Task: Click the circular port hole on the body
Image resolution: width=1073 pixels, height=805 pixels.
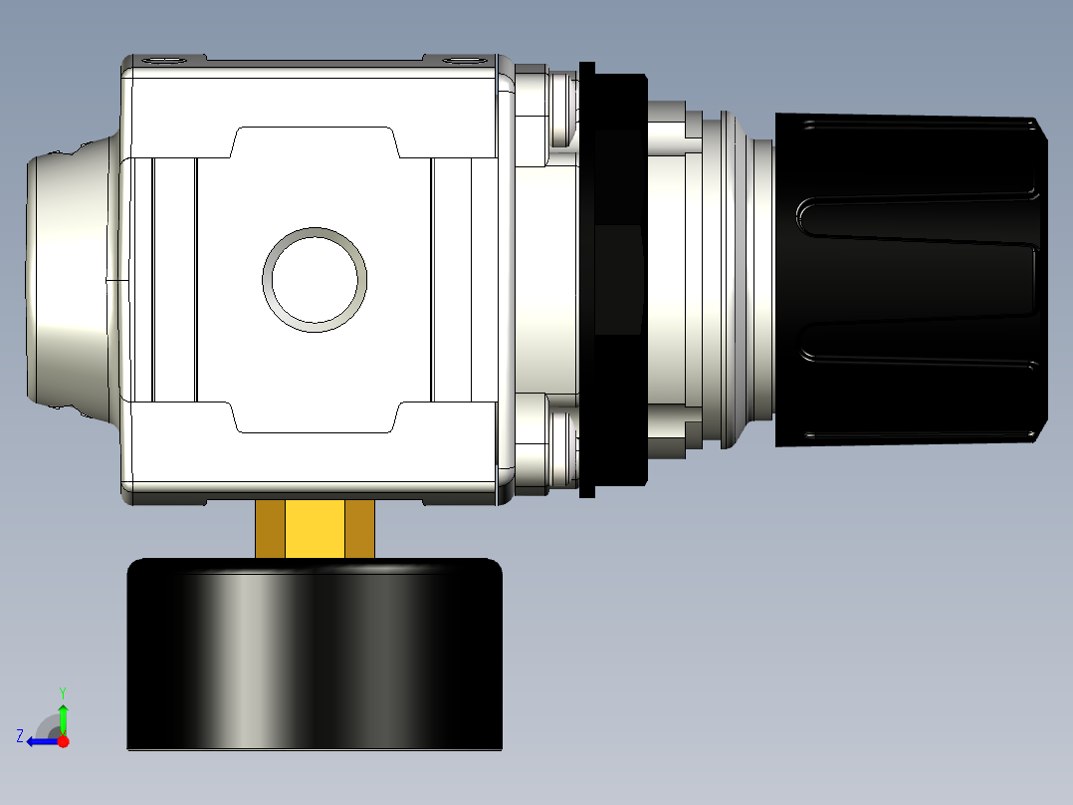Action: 315,279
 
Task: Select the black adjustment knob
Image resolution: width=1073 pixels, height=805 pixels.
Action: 911,280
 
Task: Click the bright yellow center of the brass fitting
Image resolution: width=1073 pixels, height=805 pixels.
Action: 315,529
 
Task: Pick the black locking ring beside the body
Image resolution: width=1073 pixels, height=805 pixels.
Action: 613,280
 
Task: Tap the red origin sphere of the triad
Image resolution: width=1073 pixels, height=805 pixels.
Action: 64,741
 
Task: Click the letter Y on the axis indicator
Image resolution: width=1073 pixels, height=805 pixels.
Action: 63,690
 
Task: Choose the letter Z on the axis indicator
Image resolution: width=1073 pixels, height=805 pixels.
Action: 20,735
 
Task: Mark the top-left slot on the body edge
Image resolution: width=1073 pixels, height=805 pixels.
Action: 164,61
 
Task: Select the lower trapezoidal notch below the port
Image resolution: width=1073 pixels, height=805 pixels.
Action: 315,418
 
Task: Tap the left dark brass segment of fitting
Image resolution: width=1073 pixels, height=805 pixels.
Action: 270,529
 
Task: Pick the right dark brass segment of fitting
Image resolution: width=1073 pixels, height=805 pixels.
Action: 359,529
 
